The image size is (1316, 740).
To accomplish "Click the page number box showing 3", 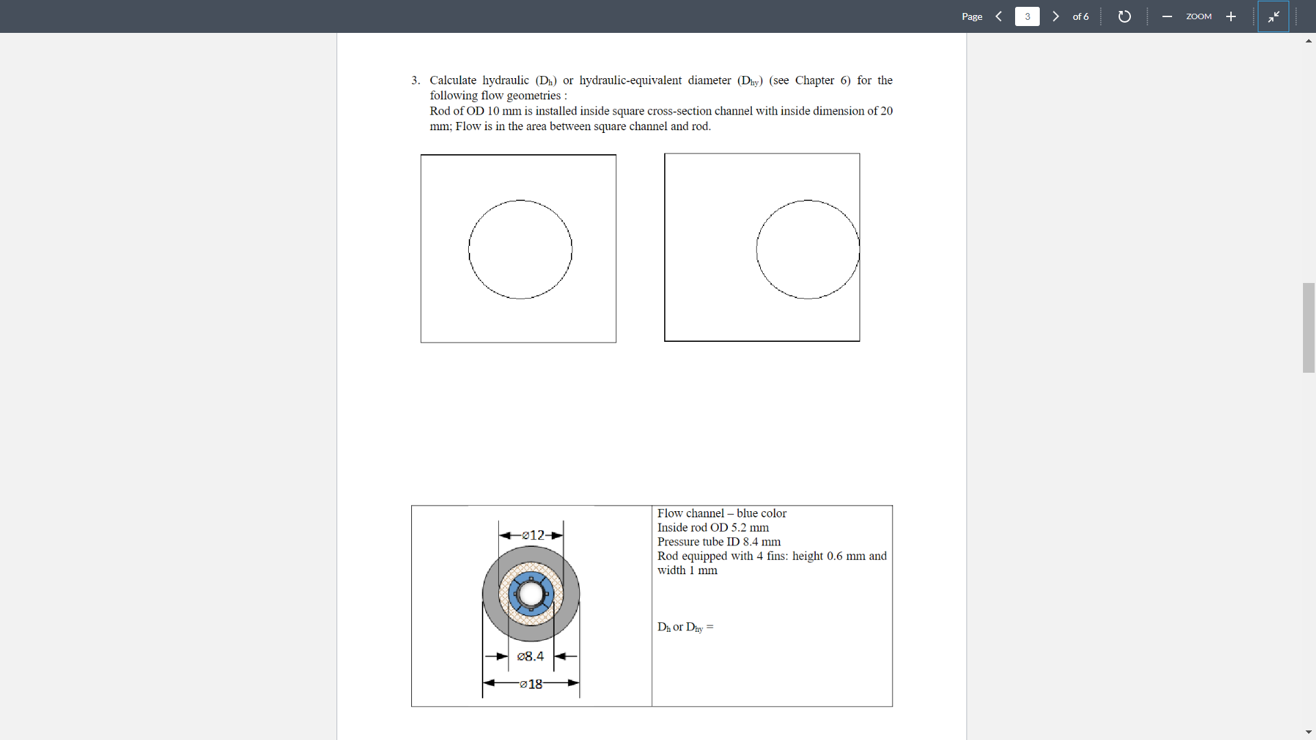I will click(1027, 16).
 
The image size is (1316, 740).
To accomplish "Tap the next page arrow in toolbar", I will click(1056, 16).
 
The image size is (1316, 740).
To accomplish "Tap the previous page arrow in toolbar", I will click(999, 16).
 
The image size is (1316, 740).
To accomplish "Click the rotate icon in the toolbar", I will click(1124, 16).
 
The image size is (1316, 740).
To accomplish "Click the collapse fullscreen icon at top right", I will click(1274, 16).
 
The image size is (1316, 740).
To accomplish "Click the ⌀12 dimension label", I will click(533, 535).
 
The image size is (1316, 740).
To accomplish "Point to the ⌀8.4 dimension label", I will click(531, 656).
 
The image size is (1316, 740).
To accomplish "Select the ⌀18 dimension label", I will click(531, 684).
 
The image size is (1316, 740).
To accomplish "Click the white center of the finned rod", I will click(531, 594).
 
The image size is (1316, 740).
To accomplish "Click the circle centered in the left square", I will click(520, 249).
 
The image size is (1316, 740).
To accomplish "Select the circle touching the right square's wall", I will click(807, 249).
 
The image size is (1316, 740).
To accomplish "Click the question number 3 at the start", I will click(415, 81).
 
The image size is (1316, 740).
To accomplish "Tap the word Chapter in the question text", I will click(814, 81).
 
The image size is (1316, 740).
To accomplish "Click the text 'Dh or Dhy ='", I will click(685, 627).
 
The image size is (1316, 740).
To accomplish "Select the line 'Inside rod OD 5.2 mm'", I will click(713, 528).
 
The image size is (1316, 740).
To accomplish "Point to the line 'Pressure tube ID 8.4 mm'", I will click(718, 542).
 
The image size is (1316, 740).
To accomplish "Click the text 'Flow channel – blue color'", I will click(721, 513).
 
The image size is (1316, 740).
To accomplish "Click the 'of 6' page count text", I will click(1080, 16).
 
